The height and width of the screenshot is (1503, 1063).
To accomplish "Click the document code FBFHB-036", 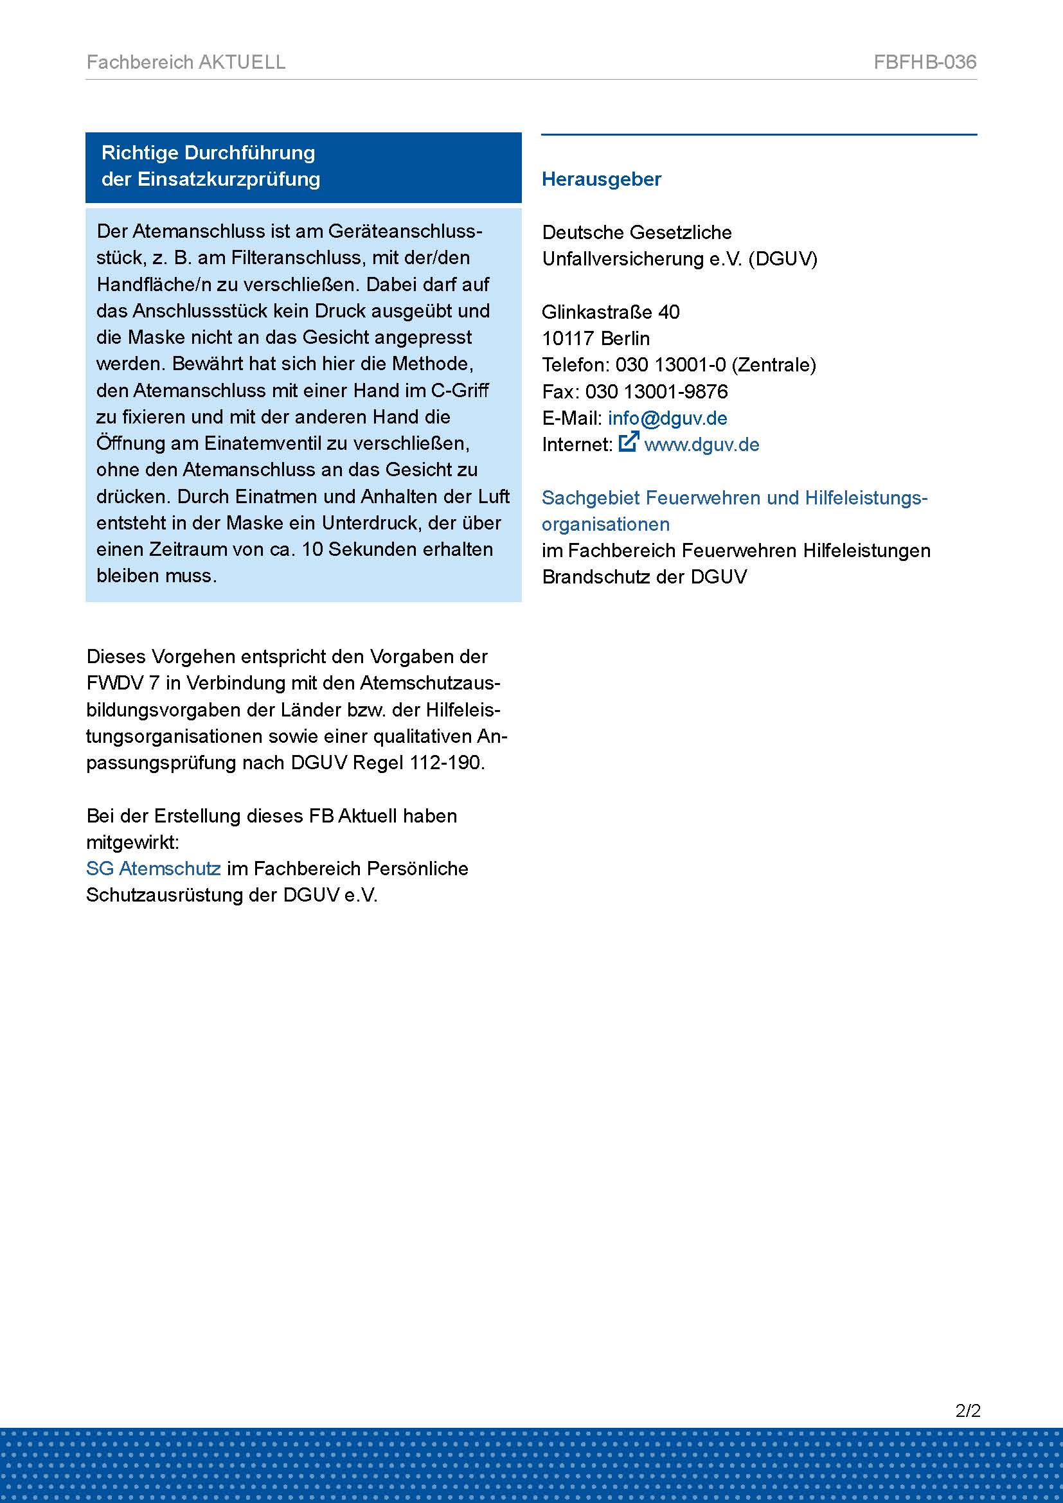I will click(924, 62).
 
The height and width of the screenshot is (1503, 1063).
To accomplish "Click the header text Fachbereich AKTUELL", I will click(186, 62).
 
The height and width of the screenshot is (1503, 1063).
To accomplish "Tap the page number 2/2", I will click(967, 1410).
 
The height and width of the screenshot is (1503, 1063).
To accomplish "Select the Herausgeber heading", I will click(601, 179).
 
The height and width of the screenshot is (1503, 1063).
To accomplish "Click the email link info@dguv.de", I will click(667, 418).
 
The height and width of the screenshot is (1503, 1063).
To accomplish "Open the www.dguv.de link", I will click(701, 445).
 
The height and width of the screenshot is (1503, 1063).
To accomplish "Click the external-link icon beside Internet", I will click(628, 443).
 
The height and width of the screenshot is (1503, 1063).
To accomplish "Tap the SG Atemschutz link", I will click(153, 869).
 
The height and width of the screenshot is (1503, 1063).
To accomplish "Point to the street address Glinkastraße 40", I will click(610, 312).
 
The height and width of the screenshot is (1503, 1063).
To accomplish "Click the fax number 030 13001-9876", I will click(656, 392).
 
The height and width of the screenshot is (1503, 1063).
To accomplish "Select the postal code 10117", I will click(567, 339).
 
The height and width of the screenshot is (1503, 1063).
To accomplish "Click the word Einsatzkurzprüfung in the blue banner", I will click(228, 180).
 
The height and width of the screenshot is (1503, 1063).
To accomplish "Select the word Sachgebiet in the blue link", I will click(590, 498).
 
